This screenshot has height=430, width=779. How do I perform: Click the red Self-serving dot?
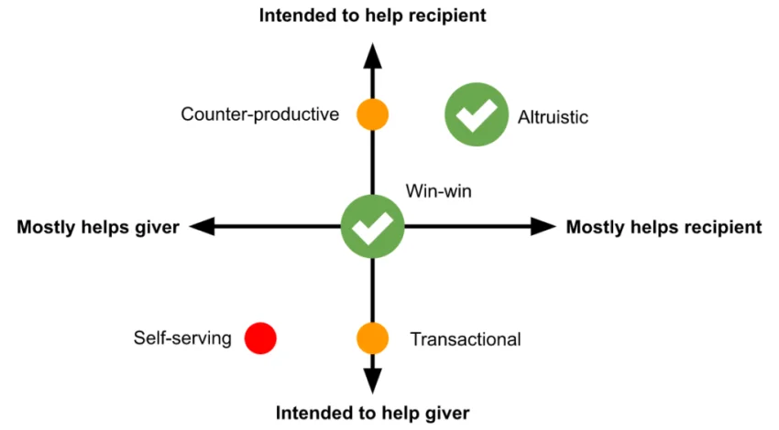click(260, 338)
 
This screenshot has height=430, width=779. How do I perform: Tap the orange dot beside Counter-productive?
click(372, 115)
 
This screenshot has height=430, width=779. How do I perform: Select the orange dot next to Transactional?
click(372, 339)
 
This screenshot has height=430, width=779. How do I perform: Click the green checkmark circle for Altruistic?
click(477, 115)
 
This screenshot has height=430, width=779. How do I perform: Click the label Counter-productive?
click(260, 115)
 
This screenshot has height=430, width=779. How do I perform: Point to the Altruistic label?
click(553, 117)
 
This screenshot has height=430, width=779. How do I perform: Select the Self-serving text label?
click(182, 339)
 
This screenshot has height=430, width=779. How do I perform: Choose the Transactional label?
click(466, 339)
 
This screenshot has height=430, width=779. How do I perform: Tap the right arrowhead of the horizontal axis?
click(543, 227)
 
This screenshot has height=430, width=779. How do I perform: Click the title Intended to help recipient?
click(372, 15)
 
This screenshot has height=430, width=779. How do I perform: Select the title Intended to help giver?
click(372, 412)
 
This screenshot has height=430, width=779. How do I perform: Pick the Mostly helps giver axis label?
click(97, 228)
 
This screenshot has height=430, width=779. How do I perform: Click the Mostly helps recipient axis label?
click(664, 228)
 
